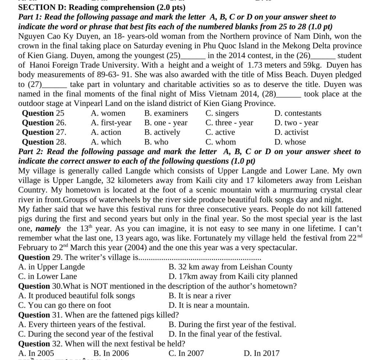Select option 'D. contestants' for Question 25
coord(297,113)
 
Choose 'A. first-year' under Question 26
coord(111,123)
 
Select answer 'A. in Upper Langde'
coord(52,267)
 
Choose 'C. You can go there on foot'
coord(64,305)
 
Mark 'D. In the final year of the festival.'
coord(225,334)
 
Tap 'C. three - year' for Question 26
coord(229,123)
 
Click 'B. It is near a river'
coord(200,296)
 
